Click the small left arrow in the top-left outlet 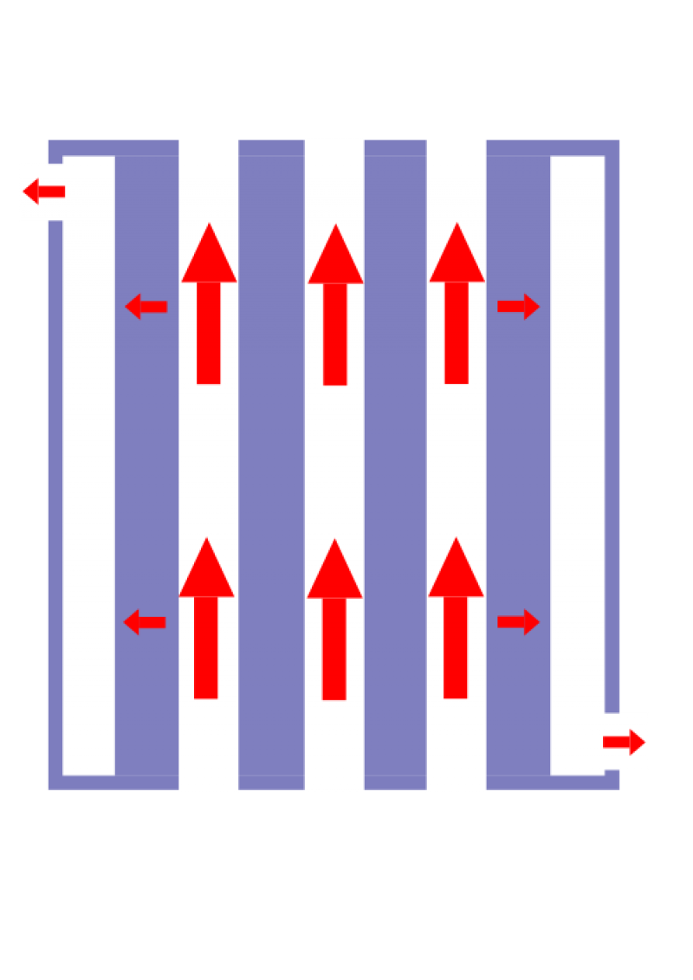point(43,191)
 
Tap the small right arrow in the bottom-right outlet point(625,742)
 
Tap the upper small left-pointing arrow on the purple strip point(146,306)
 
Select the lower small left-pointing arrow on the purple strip point(145,622)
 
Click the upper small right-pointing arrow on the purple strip point(519,306)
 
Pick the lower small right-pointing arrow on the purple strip point(519,622)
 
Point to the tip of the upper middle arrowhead point(335,225)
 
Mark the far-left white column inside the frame point(88,468)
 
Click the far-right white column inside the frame point(577,468)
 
